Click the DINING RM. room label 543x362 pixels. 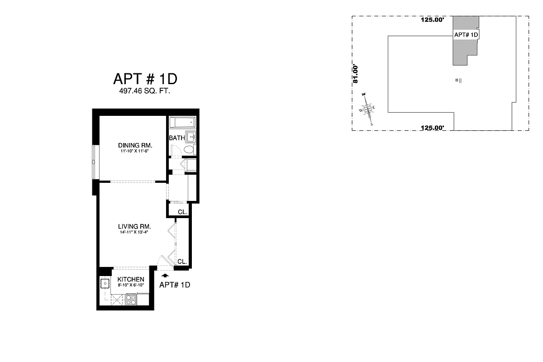(135, 145)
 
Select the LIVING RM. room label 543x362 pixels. (134, 226)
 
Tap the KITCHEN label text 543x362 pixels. (131, 279)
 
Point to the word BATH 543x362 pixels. (177, 138)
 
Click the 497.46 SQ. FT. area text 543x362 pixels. (145, 91)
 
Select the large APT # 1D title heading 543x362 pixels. (145, 79)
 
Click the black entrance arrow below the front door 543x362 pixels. (165, 275)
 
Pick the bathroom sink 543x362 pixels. (192, 136)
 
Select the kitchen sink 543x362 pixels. (105, 284)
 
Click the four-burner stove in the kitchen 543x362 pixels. (130, 299)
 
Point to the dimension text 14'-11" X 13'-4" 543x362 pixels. (133, 232)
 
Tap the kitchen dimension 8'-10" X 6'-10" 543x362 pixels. (131, 286)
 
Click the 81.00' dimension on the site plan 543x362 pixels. (356, 74)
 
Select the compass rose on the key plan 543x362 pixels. (367, 109)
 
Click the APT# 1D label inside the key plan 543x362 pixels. (466, 35)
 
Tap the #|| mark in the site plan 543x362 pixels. (458, 81)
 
